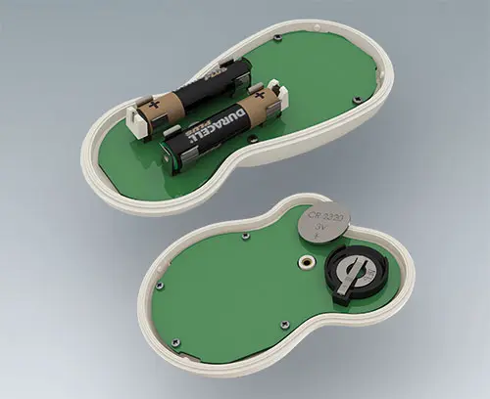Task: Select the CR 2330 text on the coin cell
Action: (x=322, y=214)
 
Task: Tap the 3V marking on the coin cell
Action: (x=320, y=229)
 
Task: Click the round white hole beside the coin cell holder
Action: (x=307, y=262)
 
